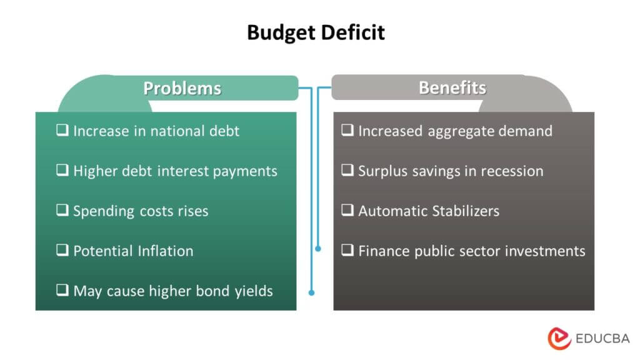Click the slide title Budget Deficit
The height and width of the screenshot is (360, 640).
(316, 32)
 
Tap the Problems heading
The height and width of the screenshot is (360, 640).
(182, 88)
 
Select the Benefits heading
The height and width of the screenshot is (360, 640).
(452, 87)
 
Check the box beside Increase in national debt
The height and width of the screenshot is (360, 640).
(62, 131)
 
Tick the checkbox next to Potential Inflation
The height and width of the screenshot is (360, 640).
(62, 251)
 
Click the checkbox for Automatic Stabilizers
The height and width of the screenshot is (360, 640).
(347, 211)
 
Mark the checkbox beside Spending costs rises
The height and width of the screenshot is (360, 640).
(62, 211)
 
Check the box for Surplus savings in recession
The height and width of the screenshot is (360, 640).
(347, 171)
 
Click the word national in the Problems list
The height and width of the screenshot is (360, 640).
(177, 131)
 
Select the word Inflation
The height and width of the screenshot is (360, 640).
(164, 251)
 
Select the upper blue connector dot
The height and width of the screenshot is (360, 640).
(318, 249)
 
